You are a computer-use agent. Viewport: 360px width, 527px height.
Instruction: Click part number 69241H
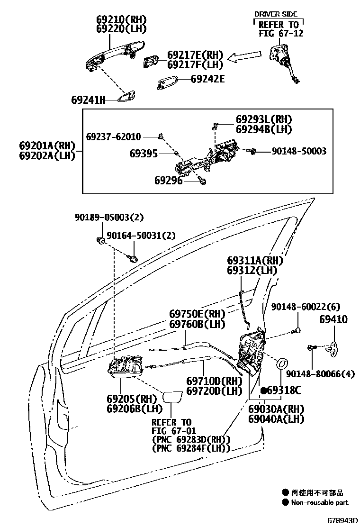88,100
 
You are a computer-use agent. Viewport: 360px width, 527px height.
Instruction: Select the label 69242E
207,79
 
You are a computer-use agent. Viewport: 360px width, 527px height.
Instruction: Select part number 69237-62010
113,137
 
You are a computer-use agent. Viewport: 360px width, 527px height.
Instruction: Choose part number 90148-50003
298,151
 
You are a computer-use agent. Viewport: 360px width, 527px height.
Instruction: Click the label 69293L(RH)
264,119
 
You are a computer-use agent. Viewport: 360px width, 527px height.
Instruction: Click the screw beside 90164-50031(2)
134,258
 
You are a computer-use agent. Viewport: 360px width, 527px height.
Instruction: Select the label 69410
333,320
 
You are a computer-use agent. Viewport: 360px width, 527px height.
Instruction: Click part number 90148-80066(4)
320,373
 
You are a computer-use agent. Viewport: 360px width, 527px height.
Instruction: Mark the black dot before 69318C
263,390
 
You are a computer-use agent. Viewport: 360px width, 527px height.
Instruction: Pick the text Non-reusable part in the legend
319,502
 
